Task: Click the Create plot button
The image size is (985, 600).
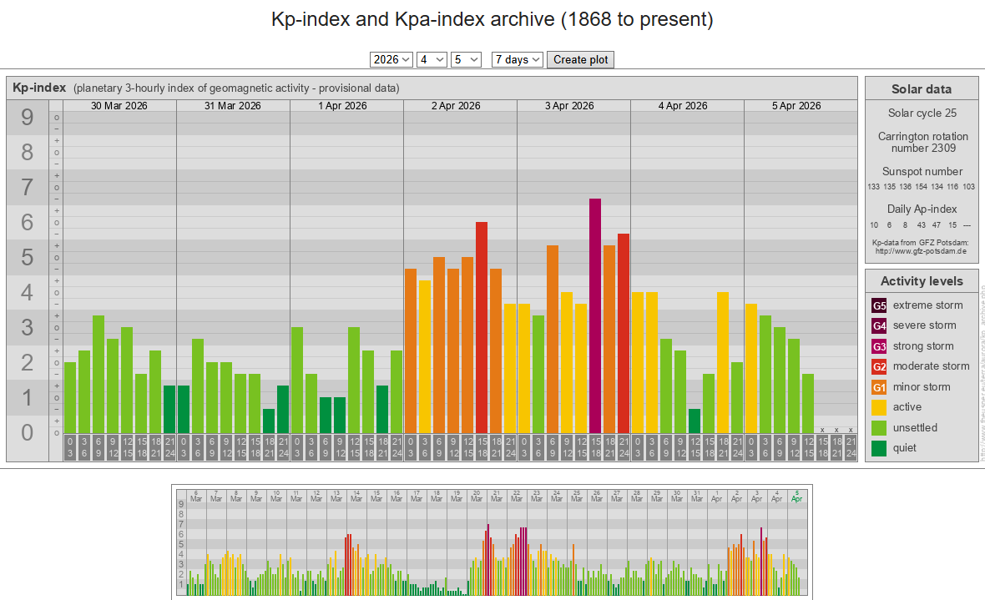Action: tap(580, 59)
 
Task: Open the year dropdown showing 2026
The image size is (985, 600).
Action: tap(391, 59)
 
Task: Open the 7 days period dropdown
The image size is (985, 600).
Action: tap(518, 59)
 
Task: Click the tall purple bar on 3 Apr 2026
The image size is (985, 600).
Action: tap(595, 316)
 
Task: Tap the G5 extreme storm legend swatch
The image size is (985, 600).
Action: tap(879, 305)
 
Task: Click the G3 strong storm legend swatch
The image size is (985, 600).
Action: tap(879, 346)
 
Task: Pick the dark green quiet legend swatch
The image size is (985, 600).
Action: tap(879, 448)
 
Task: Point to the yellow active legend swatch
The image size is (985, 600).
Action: tap(879, 407)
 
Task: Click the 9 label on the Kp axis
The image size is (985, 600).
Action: tap(28, 118)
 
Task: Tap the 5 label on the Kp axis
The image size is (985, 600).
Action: tap(28, 258)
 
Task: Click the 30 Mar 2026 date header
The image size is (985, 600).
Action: tap(119, 106)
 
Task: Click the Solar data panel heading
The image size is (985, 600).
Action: tap(922, 89)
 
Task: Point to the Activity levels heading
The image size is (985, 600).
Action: tap(922, 281)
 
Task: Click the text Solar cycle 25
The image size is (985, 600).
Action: tap(922, 113)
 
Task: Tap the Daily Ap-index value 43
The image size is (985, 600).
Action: tap(921, 225)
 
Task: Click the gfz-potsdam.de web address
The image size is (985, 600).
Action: tap(922, 250)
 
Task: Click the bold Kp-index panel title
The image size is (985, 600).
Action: tap(39, 88)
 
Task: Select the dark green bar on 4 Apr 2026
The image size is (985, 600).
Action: tap(695, 421)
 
